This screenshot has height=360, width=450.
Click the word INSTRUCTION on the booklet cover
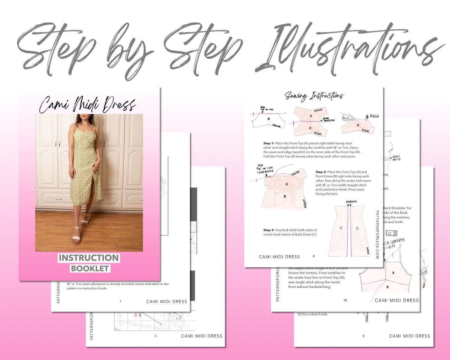pos(89,258)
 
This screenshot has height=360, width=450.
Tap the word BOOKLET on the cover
pos(90,268)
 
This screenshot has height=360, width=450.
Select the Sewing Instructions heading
pos(314,96)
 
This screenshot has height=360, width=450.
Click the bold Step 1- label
pos(268,143)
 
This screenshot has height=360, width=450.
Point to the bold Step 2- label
pos(321,172)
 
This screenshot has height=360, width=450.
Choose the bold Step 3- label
pos(269,230)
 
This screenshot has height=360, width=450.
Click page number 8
pos(314,256)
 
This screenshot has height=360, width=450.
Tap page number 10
pos(345,300)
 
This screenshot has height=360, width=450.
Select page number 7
pos(120,301)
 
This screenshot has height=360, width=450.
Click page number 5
pos(155,336)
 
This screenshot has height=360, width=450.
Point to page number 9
pos(363,336)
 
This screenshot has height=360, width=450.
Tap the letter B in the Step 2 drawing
pos(285,196)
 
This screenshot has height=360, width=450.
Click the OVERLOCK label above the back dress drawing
pos(351,202)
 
